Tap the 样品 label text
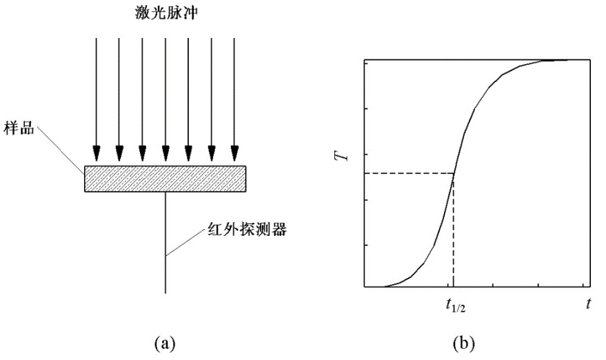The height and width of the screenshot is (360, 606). click(x=21, y=129)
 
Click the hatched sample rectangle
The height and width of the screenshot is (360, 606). click(x=165, y=178)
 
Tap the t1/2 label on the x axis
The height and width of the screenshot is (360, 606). click(x=453, y=303)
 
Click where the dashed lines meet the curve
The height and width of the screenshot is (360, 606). click(x=454, y=172)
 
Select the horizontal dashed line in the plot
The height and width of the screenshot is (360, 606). click(x=407, y=172)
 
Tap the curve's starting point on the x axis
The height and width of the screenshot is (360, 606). click(x=383, y=286)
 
